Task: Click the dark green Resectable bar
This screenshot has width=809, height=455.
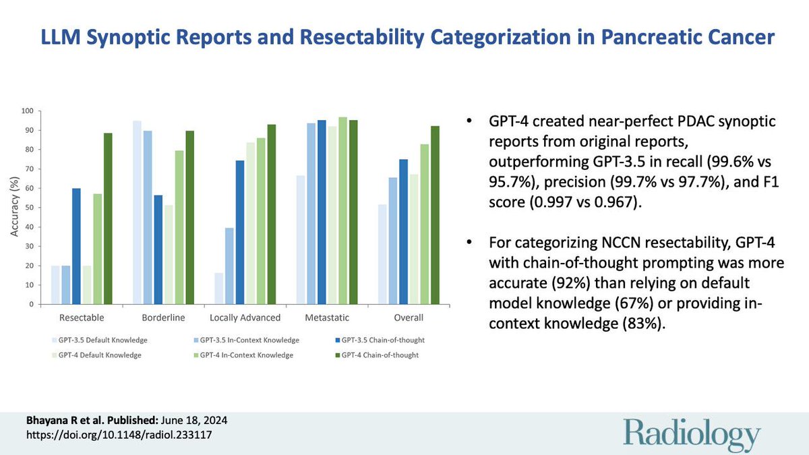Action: tap(108, 219)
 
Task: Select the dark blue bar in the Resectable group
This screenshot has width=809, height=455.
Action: tap(76, 247)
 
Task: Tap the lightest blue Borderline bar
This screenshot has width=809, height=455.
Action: tap(137, 212)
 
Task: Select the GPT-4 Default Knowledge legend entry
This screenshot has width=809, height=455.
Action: tap(100, 355)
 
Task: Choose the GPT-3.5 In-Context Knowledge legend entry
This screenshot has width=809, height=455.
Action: tap(245, 340)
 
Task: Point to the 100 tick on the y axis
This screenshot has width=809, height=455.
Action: tap(28, 111)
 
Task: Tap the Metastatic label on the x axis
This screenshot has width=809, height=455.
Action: tap(326, 317)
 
